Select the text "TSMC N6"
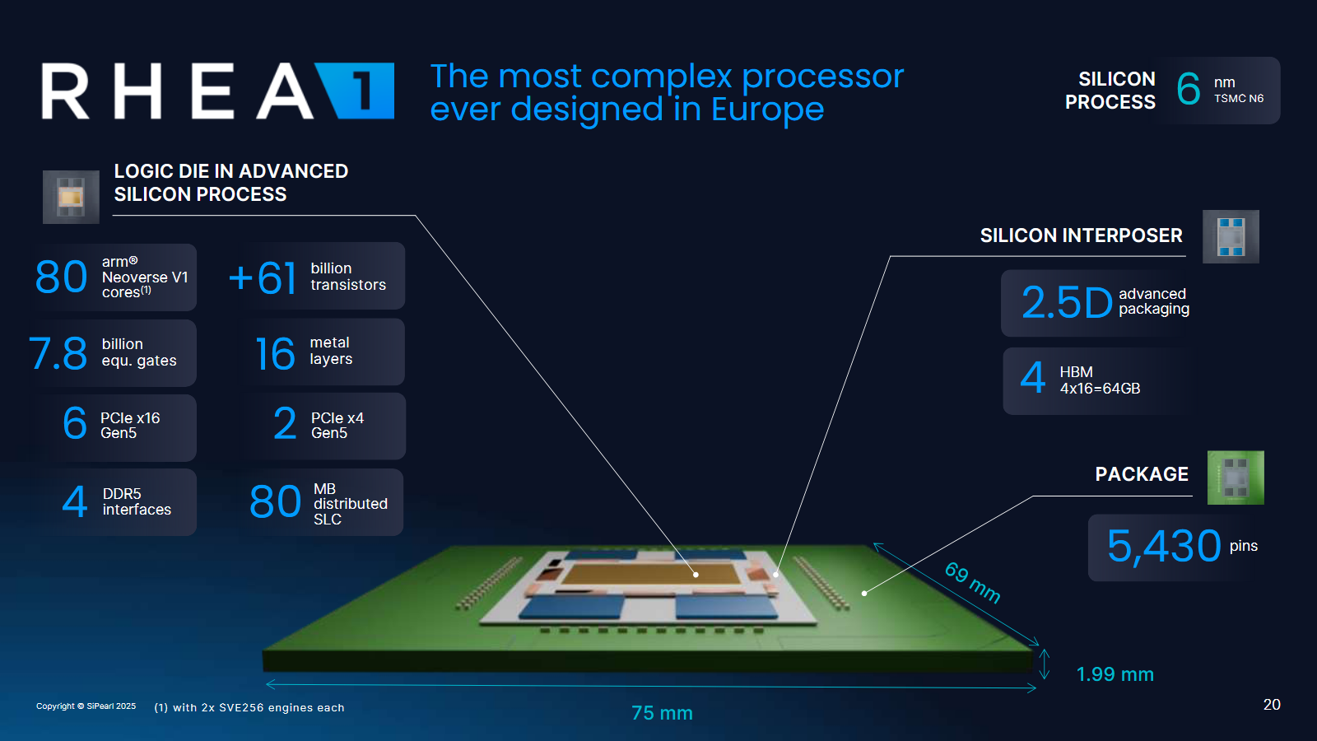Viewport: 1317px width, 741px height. (x=1239, y=98)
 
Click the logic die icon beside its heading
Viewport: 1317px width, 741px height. (x=71, y=197)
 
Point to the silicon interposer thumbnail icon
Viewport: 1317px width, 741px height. (x=1231, y=236)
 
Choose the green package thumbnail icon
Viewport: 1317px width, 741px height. (x=1236, y=478)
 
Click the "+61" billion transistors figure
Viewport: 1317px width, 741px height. (x=263, y=277)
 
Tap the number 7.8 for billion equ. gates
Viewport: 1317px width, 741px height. (x=58, y=353)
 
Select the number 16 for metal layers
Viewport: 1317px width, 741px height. (x=275, y=353)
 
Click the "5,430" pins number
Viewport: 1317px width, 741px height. (x=1164, y=547)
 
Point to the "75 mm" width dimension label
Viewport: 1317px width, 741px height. (x=662, y=713)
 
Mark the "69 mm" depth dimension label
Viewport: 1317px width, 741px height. (x=972, y=582)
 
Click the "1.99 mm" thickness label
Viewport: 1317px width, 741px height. (x=1115, y=674)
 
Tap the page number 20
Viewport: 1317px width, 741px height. (x=1272, y=705)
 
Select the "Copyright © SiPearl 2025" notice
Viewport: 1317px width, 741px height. (x=86, y=706)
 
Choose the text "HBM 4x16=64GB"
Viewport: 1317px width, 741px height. (x=1100, y=380)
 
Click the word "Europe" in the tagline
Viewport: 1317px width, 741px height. (x=767, y=110)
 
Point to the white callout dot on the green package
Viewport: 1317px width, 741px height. (x=863, y=594)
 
